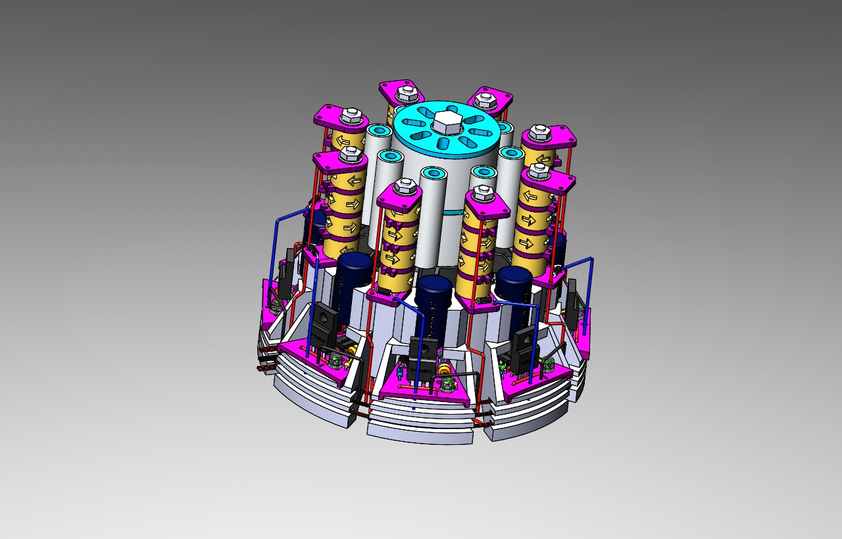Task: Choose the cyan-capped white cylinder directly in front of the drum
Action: [434, 217]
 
